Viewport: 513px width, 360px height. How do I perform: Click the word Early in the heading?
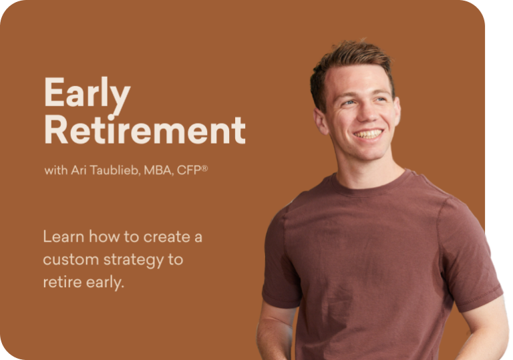(86, 94)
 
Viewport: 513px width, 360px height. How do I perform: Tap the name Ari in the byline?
(79, 170)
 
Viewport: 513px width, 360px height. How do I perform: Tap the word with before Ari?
(55, 170)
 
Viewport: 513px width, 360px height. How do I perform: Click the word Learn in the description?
(59, 236)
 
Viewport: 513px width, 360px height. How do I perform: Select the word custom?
(69, 259)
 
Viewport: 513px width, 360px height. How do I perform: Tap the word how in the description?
(98, 236)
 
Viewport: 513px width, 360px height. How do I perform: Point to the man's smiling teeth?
(368, 134)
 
